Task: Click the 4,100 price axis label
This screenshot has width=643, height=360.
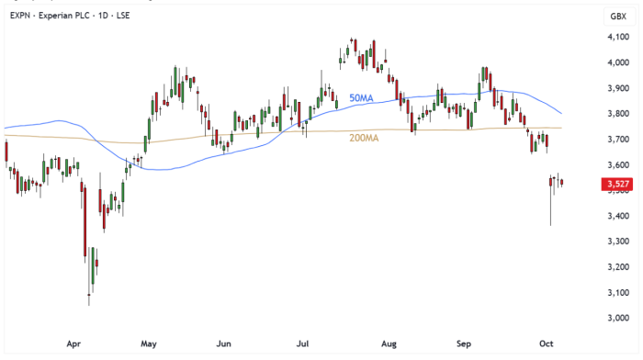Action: coord(616,37)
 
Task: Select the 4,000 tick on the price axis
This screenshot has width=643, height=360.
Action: coord(616,62)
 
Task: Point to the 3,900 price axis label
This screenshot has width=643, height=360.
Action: coord(616,88)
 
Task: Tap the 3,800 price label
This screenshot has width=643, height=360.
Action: coord(616,114)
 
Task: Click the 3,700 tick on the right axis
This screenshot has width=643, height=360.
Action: coord(616,140)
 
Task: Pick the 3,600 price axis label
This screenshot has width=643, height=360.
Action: coord(616,164)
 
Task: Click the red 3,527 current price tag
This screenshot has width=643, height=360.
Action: coord(616,185)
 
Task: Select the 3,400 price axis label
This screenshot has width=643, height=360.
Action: coord(616,216)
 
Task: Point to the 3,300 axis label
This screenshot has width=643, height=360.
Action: coord(616,242)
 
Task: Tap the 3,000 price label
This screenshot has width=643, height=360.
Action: coord(616,318)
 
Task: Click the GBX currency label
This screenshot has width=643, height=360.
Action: coord(616,16)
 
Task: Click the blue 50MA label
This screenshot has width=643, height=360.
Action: coord(361,97)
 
